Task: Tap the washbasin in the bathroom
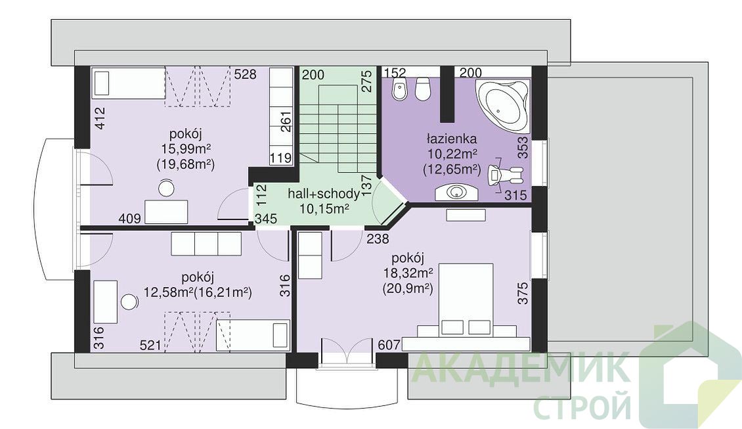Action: pos(456,192)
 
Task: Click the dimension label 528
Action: pos(246,74)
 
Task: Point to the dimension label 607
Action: pos(389,345)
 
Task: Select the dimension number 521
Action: pos(151,345)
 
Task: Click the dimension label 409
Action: pos(129,218)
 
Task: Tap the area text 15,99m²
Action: pos(186,149)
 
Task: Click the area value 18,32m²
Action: pos(409,273)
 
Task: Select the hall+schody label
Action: pos(324,194)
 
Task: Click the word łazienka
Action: pos(452,139)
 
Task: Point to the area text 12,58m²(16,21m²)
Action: pos(198,292)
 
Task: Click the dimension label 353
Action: pos(523,148)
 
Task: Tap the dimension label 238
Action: pos(378,238)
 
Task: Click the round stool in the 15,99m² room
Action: pos(166,188)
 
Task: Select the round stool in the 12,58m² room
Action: pos(129,302)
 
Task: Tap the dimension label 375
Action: pos(523,293)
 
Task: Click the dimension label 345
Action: pos(266,219)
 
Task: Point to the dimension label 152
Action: pos(395,73)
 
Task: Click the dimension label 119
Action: pos(281,158)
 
